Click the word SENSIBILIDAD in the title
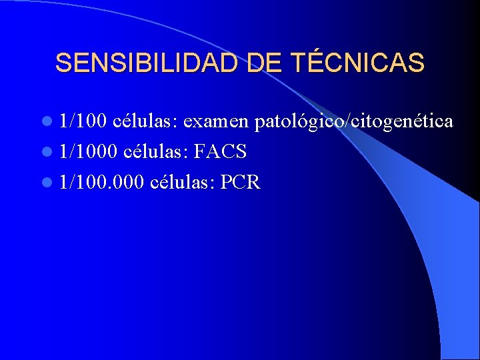coord(149,63)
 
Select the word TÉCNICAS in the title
coord(357,63)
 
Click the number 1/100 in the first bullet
coord(83,121)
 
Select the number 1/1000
coord(89,152)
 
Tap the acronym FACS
coord(221,152)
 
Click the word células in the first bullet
coord(145,121)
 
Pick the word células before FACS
coord(156,152)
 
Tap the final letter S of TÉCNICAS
coord(417,63)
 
